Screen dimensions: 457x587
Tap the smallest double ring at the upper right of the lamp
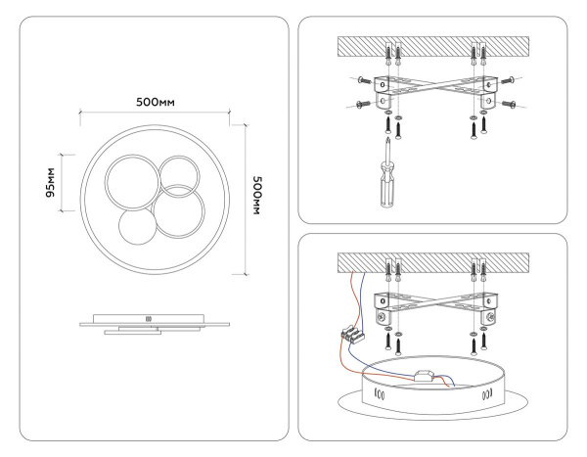[x=179, y=175]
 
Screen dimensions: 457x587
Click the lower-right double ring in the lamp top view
[x=182, y=212]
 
